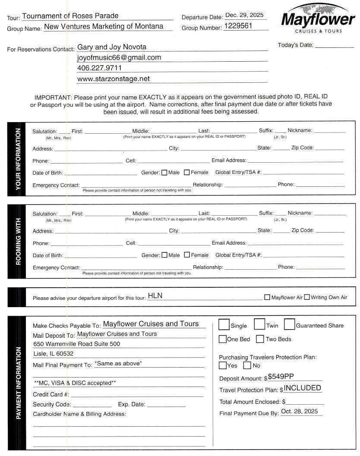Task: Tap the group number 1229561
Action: (238, 26)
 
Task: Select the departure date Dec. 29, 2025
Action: (244, 16)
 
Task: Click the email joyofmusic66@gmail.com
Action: (119, 57)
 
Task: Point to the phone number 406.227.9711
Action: (99, 68)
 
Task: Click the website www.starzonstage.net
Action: (114, 79)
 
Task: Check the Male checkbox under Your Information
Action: (164, 173)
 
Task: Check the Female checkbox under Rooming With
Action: (187, 255)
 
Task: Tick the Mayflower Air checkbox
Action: (267, 297)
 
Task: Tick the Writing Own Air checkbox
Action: (307, 297)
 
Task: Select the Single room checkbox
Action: (224, 324)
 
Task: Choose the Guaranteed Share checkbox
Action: (289, 324)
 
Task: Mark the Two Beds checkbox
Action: (260, 339)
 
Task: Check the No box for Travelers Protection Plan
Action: (247, 365)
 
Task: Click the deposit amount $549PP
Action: (281, 377)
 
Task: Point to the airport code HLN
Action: (155, 296)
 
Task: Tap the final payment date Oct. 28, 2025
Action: (299, 412)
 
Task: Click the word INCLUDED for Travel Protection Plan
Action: (302, 388)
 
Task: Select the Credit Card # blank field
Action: (137, 394)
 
